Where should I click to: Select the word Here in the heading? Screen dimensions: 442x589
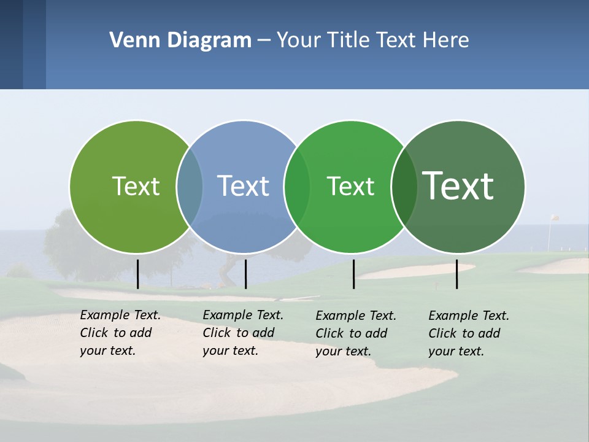pos(446,41)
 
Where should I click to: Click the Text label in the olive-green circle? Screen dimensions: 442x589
pos(136,186)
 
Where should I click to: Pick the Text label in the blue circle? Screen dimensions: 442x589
pos(243,186)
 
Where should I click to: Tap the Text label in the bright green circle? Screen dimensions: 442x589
pos(350,186)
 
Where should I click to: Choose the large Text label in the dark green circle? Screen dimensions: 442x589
pos(458,186)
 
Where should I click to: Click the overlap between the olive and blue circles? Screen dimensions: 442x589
pos(190,187)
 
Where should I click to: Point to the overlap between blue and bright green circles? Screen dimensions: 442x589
pos(297,187)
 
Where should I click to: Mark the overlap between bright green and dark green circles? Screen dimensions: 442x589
pos(404,187)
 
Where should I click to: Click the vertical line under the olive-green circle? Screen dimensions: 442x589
pos(137,274)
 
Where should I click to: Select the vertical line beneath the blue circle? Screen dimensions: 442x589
pos(245,274)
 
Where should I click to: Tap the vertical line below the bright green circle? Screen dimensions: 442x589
pos(353,274)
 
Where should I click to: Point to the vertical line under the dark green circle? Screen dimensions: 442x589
pos(456,274)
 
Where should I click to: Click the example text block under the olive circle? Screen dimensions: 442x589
pos(120,333)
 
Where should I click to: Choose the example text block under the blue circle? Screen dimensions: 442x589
pos(243,333)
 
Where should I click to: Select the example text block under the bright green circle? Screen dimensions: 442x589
pos(356,333)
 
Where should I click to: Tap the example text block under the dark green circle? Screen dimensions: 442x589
pos(469,333)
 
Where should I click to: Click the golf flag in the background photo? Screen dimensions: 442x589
pos(554,218)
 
